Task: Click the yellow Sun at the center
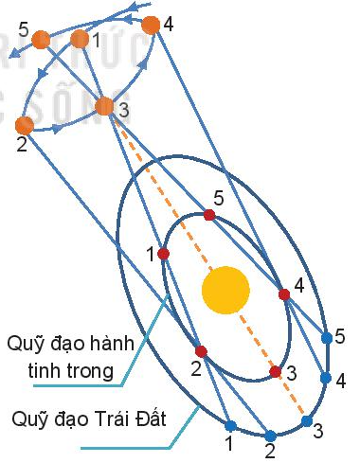click(x=225, y=290)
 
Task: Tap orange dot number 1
click(x=80, y=39)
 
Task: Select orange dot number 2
click(x=25, y=125)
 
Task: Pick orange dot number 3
click(x=104, y=107)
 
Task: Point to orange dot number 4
click(x=151, y=25)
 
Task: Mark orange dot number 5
click(x=41, y=40)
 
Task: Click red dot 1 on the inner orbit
click(x=163, y=254)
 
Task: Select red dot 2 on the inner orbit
click(x=199, y=350)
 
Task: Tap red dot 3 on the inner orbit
click(x=275, y=372)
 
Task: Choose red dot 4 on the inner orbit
click(x=284, y=294)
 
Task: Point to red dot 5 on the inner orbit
click(x=209, y=215)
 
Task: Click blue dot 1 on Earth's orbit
click(x=229, y=425)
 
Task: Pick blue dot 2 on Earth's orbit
click(x=270, y=435)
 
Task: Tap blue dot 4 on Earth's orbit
click(x=325, y=378)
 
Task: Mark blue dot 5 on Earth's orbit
click(x=327, y=337)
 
